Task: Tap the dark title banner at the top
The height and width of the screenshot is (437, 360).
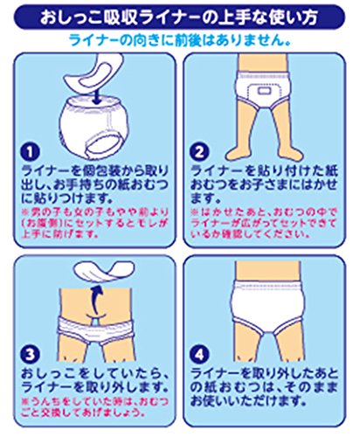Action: [x=180, y=17]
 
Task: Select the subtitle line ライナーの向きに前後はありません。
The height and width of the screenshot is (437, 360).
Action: [x=180, y=40]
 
